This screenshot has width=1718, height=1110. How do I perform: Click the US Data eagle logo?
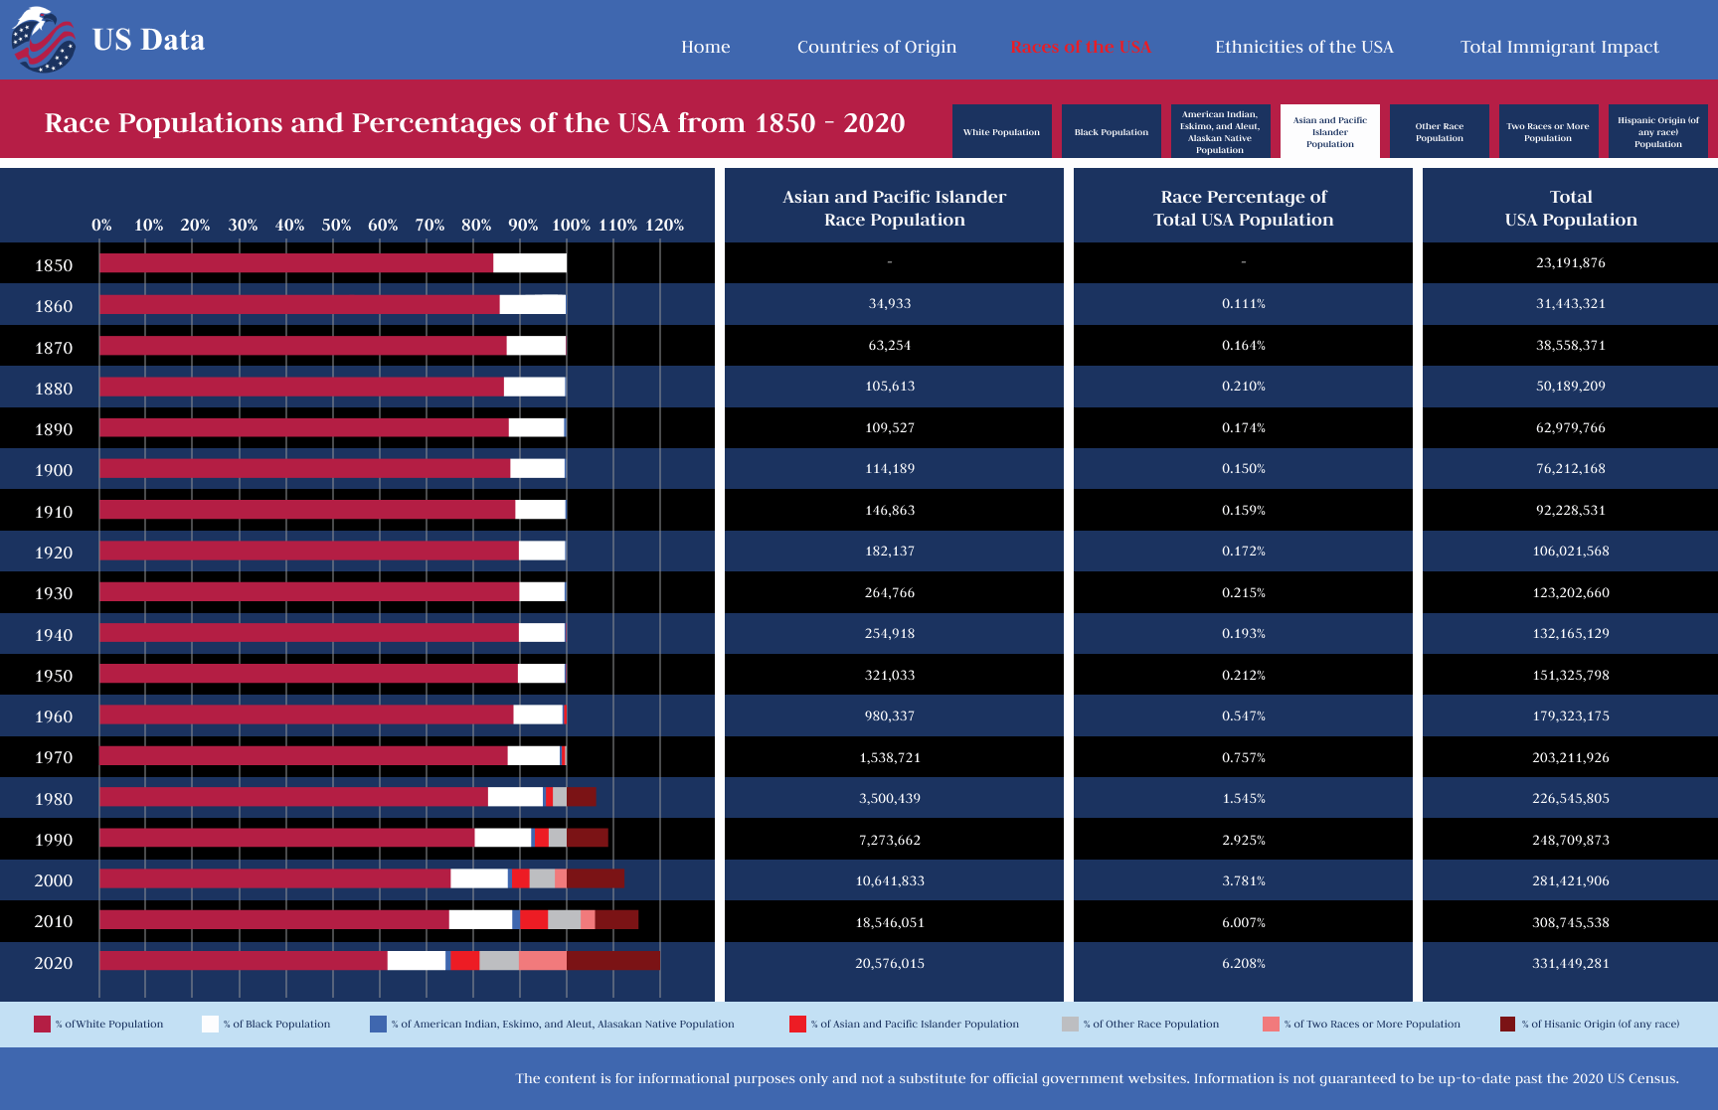pos(43,40)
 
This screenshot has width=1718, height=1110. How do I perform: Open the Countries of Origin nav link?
pos(876,47)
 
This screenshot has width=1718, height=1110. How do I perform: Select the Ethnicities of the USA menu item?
pos(1303,47)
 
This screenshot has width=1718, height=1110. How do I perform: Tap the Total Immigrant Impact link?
pos(1559,47)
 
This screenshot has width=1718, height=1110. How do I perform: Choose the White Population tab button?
pos(1001,131)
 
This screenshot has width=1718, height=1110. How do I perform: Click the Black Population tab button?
pos(1111,131)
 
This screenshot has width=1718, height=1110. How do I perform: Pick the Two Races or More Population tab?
pos(1548,131)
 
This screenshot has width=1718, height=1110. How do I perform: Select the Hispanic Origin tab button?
pos(1657,131)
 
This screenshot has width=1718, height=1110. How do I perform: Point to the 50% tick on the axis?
pos(336,226)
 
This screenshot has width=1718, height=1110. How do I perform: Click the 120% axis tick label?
pos(664,226)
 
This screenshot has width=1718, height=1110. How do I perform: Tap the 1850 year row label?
pos(54,265)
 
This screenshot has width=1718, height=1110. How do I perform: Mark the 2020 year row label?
pos(54,963)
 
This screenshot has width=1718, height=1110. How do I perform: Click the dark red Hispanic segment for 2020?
pos(612,960)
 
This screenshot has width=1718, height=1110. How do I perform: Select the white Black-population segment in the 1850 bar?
pos(529,263)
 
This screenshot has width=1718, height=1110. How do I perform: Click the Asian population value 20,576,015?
pos(890,963)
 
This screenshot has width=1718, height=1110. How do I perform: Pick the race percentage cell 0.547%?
pos(1243,715)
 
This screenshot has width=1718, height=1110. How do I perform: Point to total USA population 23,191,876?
pos(1570,262)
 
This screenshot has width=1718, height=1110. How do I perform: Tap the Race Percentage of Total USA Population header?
pos(1243,208)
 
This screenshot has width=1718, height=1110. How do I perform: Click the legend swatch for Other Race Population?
pos(1070,1024)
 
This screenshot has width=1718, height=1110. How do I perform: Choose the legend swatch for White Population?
pos(42,1024)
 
